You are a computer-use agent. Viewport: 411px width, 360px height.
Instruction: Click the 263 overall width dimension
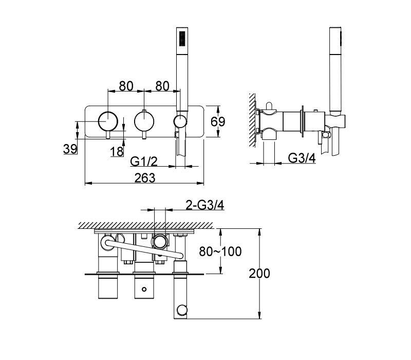point(145,177)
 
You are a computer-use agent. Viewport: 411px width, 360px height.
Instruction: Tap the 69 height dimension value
point(218,121)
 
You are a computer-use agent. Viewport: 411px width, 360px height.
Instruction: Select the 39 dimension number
point(70,149)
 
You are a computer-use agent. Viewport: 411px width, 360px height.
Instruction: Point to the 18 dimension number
point(117,151)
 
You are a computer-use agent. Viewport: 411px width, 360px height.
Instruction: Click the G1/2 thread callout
point(144,161)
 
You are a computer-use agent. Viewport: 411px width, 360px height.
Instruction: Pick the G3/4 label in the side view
point(302,158)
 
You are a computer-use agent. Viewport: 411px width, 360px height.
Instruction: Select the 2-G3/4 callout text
point(205,205)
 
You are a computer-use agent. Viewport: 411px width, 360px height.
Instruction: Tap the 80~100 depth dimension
point(220,251)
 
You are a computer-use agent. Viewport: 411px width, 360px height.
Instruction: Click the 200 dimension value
point(259,274)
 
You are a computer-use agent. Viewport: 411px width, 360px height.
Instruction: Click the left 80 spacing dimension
point(126,86)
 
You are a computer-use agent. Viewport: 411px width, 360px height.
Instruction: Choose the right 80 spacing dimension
point(162,86)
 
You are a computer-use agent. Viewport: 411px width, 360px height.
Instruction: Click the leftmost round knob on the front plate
point(108,121)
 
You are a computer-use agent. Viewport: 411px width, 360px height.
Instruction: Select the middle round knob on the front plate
point(144,121)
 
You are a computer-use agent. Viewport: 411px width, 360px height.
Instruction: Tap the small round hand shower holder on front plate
point(180,121)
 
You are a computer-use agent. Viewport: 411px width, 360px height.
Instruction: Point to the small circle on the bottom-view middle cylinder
point(144,289)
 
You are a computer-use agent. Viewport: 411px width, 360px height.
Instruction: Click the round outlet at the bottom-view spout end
point(181,310)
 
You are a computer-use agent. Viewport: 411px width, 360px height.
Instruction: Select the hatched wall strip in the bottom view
point(145,225)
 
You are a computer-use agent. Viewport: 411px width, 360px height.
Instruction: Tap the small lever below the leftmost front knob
point(108,135)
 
